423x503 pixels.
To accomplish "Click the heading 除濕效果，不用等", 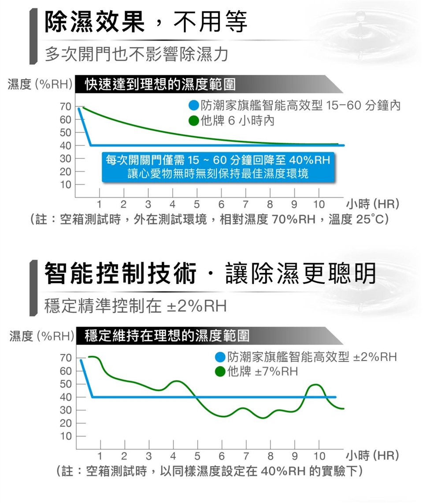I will [x=146, y=22].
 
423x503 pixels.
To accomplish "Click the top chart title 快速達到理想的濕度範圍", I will [x=160, y=84].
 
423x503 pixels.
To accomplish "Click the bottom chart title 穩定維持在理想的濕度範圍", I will [x=167, y=336].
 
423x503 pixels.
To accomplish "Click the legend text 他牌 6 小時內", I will [x=237, y=120].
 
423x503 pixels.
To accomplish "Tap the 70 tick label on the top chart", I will [x=66, y=107].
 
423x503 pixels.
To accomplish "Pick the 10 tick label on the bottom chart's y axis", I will [x=66, y=437].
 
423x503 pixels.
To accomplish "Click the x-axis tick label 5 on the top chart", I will [x=196, y=204].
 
